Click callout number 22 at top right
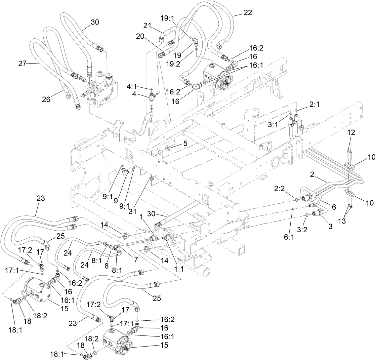[x=248, y=13]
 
